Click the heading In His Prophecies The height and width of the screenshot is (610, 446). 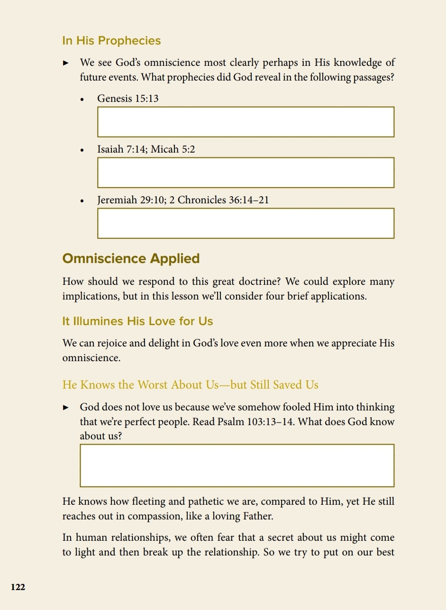[x=111, y=41]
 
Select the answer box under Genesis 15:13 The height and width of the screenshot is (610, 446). [x=246, y=122]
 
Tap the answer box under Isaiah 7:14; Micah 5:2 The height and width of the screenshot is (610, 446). [x=246, y=173]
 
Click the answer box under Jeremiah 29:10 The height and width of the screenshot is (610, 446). [x=246, y=223]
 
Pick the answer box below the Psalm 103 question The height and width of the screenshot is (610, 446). [x=237, y=465]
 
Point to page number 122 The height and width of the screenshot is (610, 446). [x=18, y=587]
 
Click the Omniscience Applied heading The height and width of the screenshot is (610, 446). [x=131, y=259]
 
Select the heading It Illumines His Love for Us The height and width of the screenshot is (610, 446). [x=137, y=321]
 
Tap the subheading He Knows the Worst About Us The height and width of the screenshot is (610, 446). [x=190, y=385]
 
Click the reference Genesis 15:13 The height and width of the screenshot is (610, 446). [x=128, y=99]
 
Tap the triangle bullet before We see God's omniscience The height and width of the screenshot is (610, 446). [x=66, y=63]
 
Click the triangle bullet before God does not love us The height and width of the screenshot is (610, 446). [x=66, y=408]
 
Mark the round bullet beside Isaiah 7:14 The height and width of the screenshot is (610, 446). [x=82, y=150]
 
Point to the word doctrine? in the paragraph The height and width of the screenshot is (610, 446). [x=260, y=282]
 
